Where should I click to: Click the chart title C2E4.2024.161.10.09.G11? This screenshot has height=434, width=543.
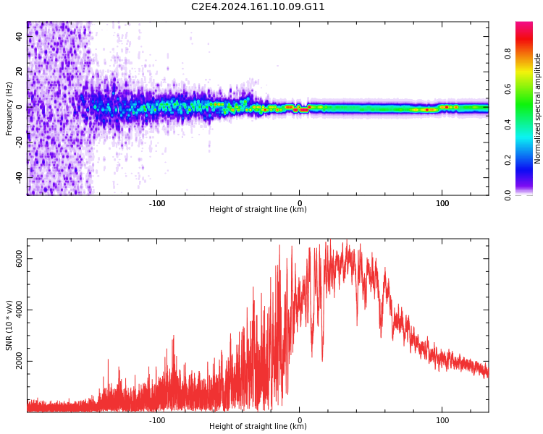point(258,7)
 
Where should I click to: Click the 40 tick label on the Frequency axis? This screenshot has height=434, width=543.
point(20,35)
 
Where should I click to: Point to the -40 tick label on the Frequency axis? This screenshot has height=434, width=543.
point(20,176)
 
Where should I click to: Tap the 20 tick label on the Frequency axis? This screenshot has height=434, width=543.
point(20,71)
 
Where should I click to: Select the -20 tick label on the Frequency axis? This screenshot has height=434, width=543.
point(20,141)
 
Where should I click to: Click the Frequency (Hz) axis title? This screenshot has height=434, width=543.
point(9,109)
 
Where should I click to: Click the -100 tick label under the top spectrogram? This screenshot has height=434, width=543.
point(157,203)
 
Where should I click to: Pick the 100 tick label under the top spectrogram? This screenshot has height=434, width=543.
point(442,203)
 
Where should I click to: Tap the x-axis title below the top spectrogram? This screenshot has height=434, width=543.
point(258,210)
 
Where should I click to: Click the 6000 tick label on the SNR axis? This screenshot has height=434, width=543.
point(20,258)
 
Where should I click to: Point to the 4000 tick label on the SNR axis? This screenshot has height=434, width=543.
point(20,310)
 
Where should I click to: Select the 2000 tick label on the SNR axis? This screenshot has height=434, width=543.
point(20,362)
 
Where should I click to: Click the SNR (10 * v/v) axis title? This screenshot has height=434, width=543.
point(9,325)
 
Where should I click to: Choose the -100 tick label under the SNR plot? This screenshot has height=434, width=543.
point(157,420)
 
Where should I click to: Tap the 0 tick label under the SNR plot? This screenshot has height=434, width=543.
point(300,420)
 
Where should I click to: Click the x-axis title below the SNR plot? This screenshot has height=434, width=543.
point(258,427)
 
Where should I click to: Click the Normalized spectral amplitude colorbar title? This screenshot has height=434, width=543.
point(538,109)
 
